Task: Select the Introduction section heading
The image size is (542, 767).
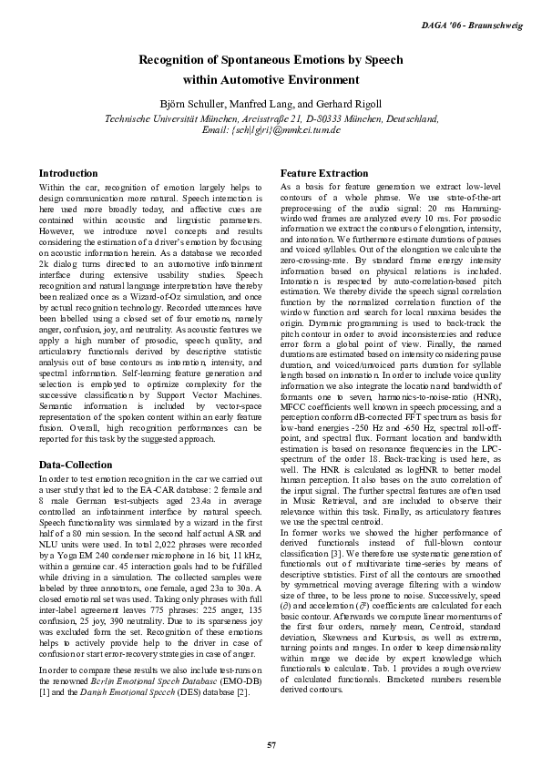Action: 68,173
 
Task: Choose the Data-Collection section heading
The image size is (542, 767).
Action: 76,465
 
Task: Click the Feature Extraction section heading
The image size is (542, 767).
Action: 324,173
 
